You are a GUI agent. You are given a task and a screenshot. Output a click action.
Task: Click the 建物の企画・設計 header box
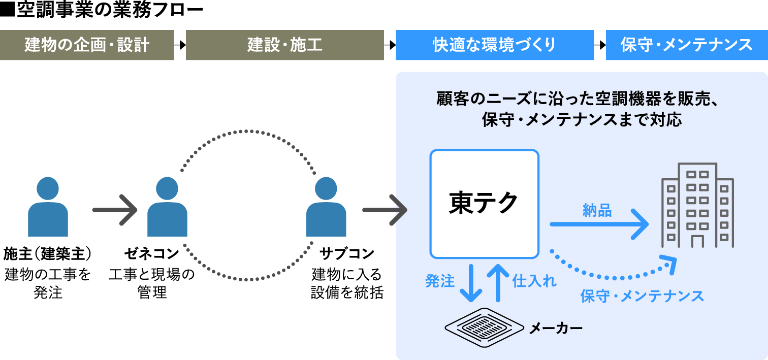point(87,45)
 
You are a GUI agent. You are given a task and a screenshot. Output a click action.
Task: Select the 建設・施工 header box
point(284,45)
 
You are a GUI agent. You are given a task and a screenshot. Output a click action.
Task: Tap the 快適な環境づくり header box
point(494,45)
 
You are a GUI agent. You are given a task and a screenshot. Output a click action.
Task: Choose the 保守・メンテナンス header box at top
point(686,45)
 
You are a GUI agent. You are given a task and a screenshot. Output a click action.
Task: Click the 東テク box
point(484,204)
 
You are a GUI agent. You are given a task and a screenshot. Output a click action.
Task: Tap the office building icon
point(697,206)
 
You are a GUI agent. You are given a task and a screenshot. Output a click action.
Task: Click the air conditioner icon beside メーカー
point(484,324)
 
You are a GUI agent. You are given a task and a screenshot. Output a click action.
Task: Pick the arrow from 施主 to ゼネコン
point(115,209)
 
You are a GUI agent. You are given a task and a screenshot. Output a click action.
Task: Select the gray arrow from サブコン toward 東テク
point(385,209)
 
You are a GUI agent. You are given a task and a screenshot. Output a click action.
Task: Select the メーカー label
point(556,328)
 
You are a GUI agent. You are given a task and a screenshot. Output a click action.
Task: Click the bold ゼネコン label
point(152,252)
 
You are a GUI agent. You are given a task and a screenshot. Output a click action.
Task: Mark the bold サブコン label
point(347,252)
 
